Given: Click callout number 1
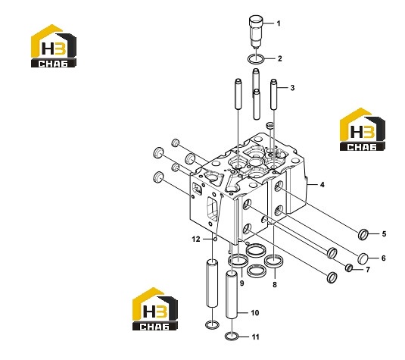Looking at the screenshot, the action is coord(279,23).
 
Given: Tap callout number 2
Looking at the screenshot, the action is coord(280,58).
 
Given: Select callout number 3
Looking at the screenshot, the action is coord(292,88).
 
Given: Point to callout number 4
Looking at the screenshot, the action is coord(322,185).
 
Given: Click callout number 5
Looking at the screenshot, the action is coord(384,233).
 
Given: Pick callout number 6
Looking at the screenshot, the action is coord(384,258).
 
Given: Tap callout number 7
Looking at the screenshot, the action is coord(368,270).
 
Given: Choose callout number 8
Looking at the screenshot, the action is coord(275,284).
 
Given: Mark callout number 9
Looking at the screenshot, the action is coord(241,283).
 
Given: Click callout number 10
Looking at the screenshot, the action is coord(254,313).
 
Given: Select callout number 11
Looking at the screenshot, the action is coord(255,337).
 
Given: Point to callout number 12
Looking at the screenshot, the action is coord(196,239).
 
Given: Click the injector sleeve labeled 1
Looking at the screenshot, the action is coord(256,32).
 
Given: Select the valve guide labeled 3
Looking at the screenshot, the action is coord(274,94).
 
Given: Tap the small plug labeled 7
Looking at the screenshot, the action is coord(349,268).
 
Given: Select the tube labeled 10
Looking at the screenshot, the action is coord(232,295).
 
